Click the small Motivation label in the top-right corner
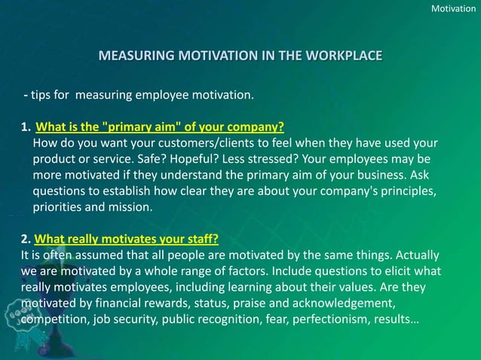click(x=452, y=8)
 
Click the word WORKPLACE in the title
click(x=343, y=56)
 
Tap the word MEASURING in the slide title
click(x=134, y=56)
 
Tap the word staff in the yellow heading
click(x=200, y=241)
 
